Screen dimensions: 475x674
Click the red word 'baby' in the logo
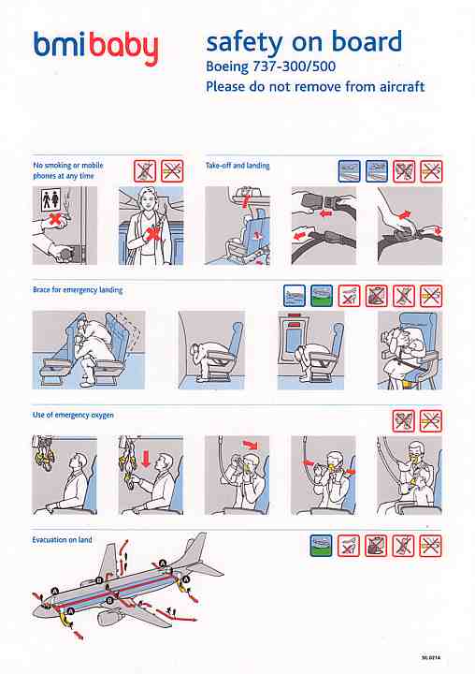point(124,48)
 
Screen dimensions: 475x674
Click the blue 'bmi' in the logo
point(60,44)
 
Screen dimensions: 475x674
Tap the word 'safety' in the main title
point(245,42)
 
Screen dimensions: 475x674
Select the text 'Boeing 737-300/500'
point(270,66)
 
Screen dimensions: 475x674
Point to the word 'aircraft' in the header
point(401,86)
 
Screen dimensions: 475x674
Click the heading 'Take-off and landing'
point(237,166)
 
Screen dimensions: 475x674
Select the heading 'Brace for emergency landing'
point(78,290)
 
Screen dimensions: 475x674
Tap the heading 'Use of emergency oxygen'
point(73,415)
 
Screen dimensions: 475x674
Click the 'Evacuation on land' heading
point(62,539)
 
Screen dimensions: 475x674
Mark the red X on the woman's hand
point(152,233)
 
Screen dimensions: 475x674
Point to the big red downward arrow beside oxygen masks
point(146,458)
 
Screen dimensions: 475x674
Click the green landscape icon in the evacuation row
point(322,546)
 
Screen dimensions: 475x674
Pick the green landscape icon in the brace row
point(322,296)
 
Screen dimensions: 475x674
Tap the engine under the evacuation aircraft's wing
point(108,618)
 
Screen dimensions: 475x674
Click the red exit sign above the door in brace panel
point(295,316)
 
